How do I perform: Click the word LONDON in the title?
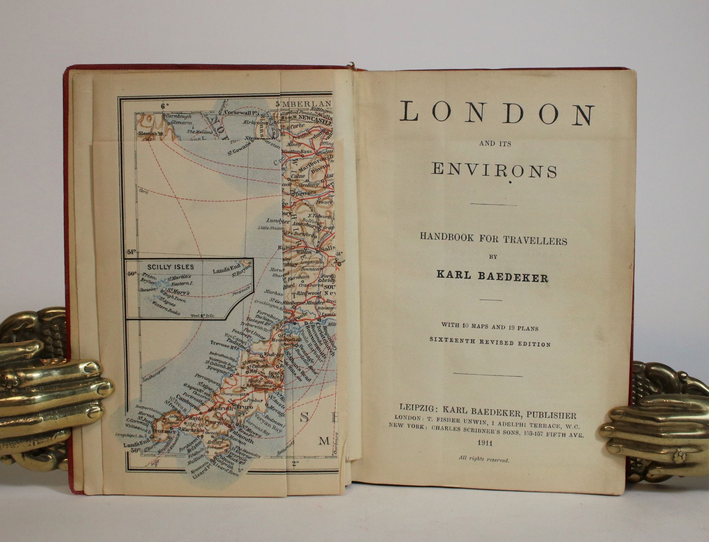click(497, 113)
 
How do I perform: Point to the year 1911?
click(484, 443)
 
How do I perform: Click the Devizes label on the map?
click(306, 193)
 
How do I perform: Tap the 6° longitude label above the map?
click(164, 105)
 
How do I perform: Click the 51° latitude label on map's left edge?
click(131, 252)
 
